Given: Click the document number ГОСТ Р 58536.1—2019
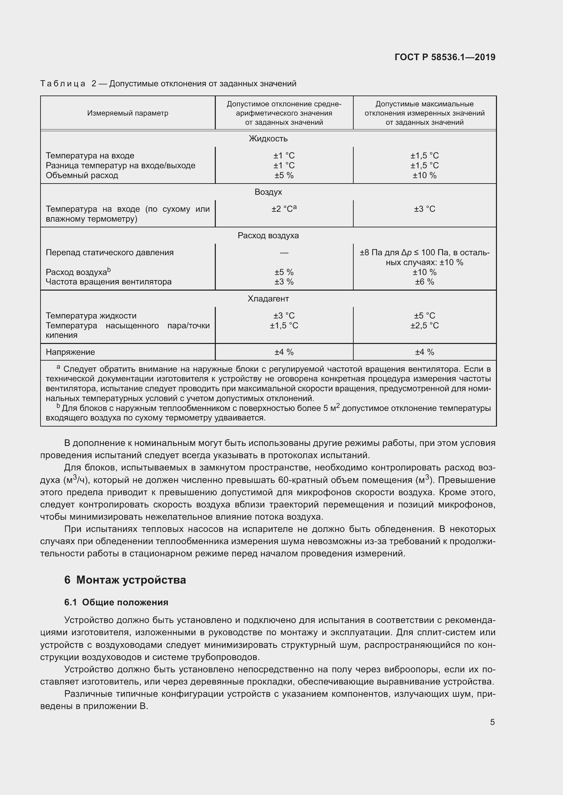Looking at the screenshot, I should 445,57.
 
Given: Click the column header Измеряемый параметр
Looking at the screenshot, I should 128,113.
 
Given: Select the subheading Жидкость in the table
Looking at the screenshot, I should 268,139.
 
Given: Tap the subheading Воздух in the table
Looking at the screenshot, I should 268,192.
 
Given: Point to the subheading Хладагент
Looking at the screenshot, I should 268,299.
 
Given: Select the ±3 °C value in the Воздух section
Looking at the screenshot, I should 424,209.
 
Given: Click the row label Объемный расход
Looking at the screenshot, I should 82,175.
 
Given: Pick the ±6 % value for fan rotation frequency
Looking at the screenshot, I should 424,282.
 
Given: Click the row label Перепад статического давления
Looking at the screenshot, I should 110,253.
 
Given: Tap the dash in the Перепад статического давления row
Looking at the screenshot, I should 284,253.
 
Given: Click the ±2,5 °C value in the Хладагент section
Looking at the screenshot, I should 424,326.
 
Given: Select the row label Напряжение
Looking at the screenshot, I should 70,352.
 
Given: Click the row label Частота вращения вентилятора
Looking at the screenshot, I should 109,282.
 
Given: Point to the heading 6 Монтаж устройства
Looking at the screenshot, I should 125,580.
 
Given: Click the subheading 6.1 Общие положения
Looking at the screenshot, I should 116,603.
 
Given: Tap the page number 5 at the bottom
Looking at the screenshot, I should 492,722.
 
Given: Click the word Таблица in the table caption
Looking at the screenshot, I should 63,84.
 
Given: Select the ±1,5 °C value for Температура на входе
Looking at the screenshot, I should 424,156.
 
